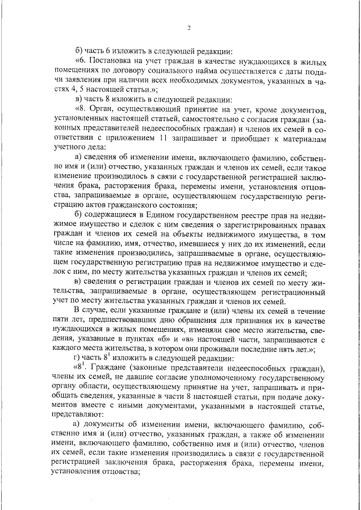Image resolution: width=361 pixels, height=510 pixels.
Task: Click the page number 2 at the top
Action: click(190, 28)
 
